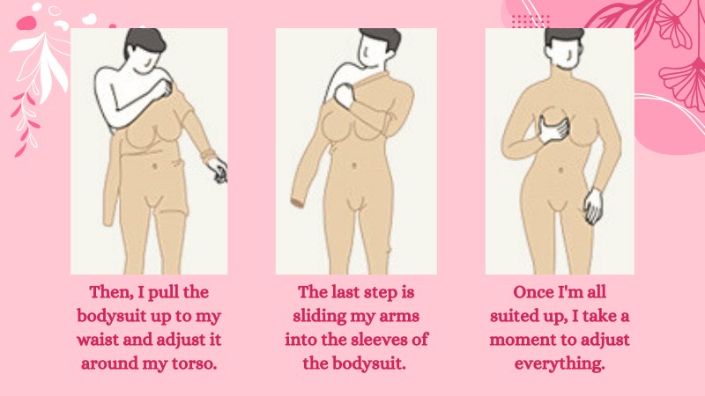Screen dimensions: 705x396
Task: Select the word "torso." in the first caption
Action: pyautogui.click(x=193, y=363)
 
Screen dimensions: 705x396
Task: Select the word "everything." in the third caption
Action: pyautogui.click(x=560, y=363)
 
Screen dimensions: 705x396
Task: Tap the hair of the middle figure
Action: pyautogui.click(x=381, y=38)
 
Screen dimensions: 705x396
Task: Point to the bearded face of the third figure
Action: pyautogui.click(x=563, y=55)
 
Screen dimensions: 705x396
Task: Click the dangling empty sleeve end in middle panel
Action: pyautogui.click(x=297, y=202)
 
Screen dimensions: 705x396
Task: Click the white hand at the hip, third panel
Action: pyautogui.click(x=593, y=206)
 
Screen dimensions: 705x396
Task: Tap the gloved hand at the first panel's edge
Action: pyautogui.click(x=218, y=170)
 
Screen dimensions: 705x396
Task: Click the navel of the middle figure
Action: pyautogui.click(x=354, y=165)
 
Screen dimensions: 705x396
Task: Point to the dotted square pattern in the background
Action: pyautogui.click(x=531, y=20)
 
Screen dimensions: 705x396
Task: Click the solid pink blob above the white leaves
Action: pyautogui.click(x=26, y=23)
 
